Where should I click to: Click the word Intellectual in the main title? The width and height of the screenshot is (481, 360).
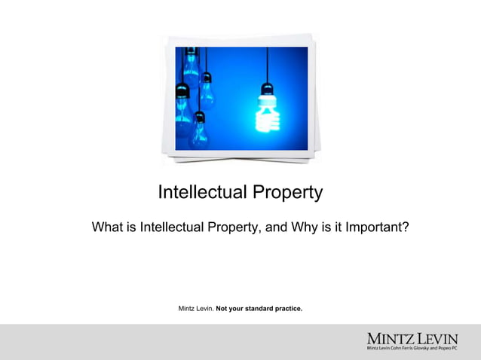(204, 193)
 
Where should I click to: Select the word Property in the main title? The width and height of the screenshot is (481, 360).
(289, 194)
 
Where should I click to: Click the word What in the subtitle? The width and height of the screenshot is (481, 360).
(107, 227)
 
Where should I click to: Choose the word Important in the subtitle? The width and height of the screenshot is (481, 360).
(373, 227)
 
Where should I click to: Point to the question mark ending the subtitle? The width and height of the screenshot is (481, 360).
(405, 227)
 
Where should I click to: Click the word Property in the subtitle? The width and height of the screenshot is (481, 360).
(224, 227)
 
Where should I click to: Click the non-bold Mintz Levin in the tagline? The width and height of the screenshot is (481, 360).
(195, 309)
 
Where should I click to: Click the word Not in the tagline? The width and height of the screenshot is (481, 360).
(222, 309)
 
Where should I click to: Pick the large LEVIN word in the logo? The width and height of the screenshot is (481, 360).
(437, 338)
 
